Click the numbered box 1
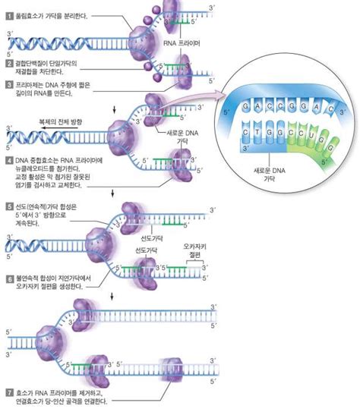[8, 14]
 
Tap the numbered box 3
[8, 85]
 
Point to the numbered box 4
[8, 161]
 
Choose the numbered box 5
[8, 206]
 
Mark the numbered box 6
[8, 278]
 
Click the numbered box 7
[8, 393]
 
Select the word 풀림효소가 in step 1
[30, 14]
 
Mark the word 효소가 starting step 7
[24, 393]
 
